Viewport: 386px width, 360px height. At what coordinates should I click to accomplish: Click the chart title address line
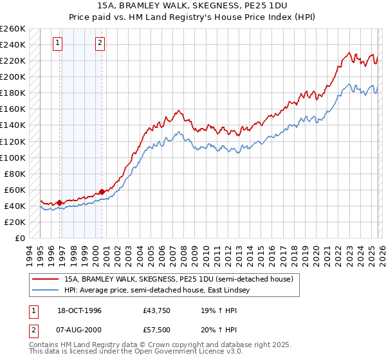click(x=193, y=5)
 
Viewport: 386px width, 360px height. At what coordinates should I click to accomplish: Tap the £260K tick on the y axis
click(x=13, y=29)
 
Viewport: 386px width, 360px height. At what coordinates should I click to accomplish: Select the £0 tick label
click(x=21, y=238)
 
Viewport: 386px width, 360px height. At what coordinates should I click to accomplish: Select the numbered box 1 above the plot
click(x=58, y=43)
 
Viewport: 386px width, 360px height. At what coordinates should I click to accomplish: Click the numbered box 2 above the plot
click(x=100, y=43)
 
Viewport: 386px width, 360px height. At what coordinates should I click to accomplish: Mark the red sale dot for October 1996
click(x=60, y=203)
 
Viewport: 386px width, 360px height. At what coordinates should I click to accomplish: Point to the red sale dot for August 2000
click(x=102, y=192)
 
